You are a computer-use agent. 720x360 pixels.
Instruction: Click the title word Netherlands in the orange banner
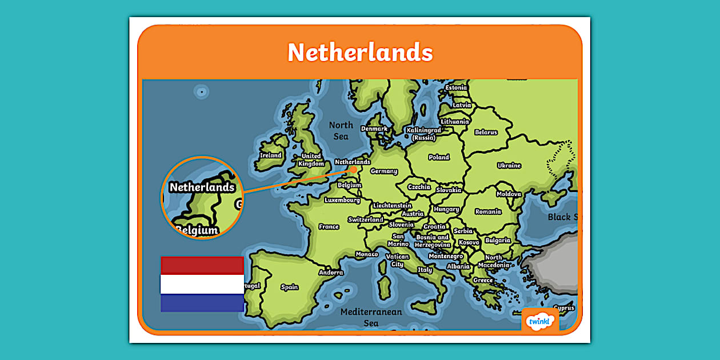point(360,53)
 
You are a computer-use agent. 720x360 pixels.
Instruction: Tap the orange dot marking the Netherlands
point(354,169)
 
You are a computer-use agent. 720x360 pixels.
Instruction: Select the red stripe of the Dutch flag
point(202,265)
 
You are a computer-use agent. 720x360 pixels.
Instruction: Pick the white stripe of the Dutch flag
point(202,284)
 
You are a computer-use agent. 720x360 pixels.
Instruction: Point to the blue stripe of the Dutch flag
point(202,303)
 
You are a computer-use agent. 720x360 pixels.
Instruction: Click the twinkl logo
point(540,321)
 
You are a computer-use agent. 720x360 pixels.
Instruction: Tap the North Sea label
point(341,130)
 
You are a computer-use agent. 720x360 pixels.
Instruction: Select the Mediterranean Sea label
point(371,318)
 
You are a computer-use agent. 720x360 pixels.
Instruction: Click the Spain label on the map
point(290,287)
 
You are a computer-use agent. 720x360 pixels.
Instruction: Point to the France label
point(329,227)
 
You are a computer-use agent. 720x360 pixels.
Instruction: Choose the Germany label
point(383,171)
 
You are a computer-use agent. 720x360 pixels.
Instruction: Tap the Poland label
point(439,157)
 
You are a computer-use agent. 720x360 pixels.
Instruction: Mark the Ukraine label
point(509,166)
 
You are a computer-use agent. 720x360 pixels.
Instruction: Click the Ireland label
point(270,155)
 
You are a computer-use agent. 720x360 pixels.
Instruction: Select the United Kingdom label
point(311,160)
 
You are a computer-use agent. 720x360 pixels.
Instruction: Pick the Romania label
point(488,211)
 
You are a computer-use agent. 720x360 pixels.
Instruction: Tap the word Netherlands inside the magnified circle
point(202,187)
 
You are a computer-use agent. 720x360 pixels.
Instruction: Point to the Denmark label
point(374,129)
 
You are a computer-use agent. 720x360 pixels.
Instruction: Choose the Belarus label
point(486,133)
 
